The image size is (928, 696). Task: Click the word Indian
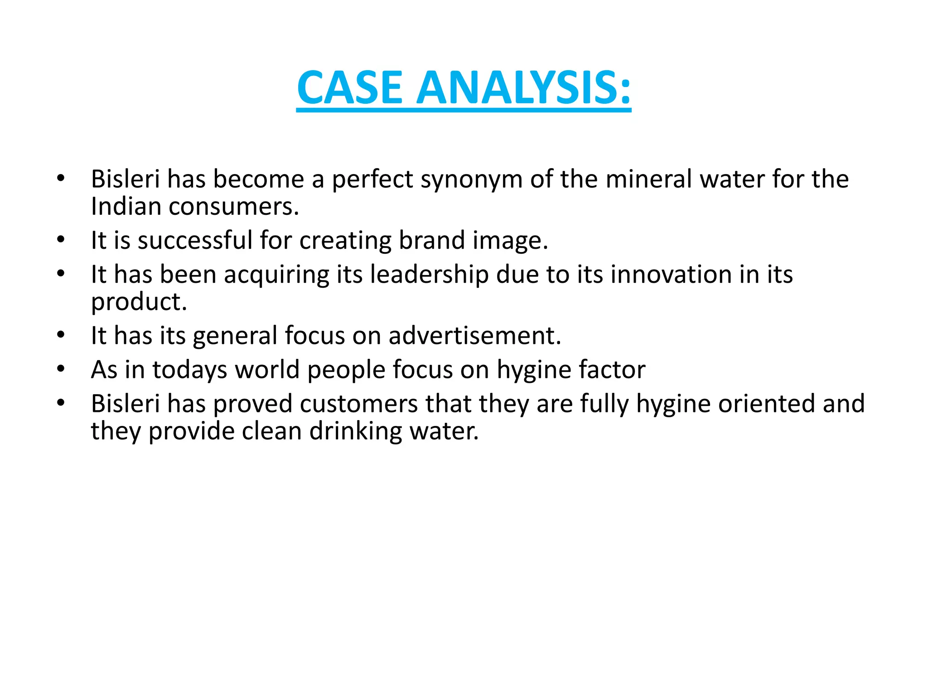point(126,207)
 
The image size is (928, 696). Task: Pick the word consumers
point(234,207)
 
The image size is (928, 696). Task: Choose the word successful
point(195,240)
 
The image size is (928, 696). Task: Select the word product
point(139,302)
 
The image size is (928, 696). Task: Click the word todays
point(189,370)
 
